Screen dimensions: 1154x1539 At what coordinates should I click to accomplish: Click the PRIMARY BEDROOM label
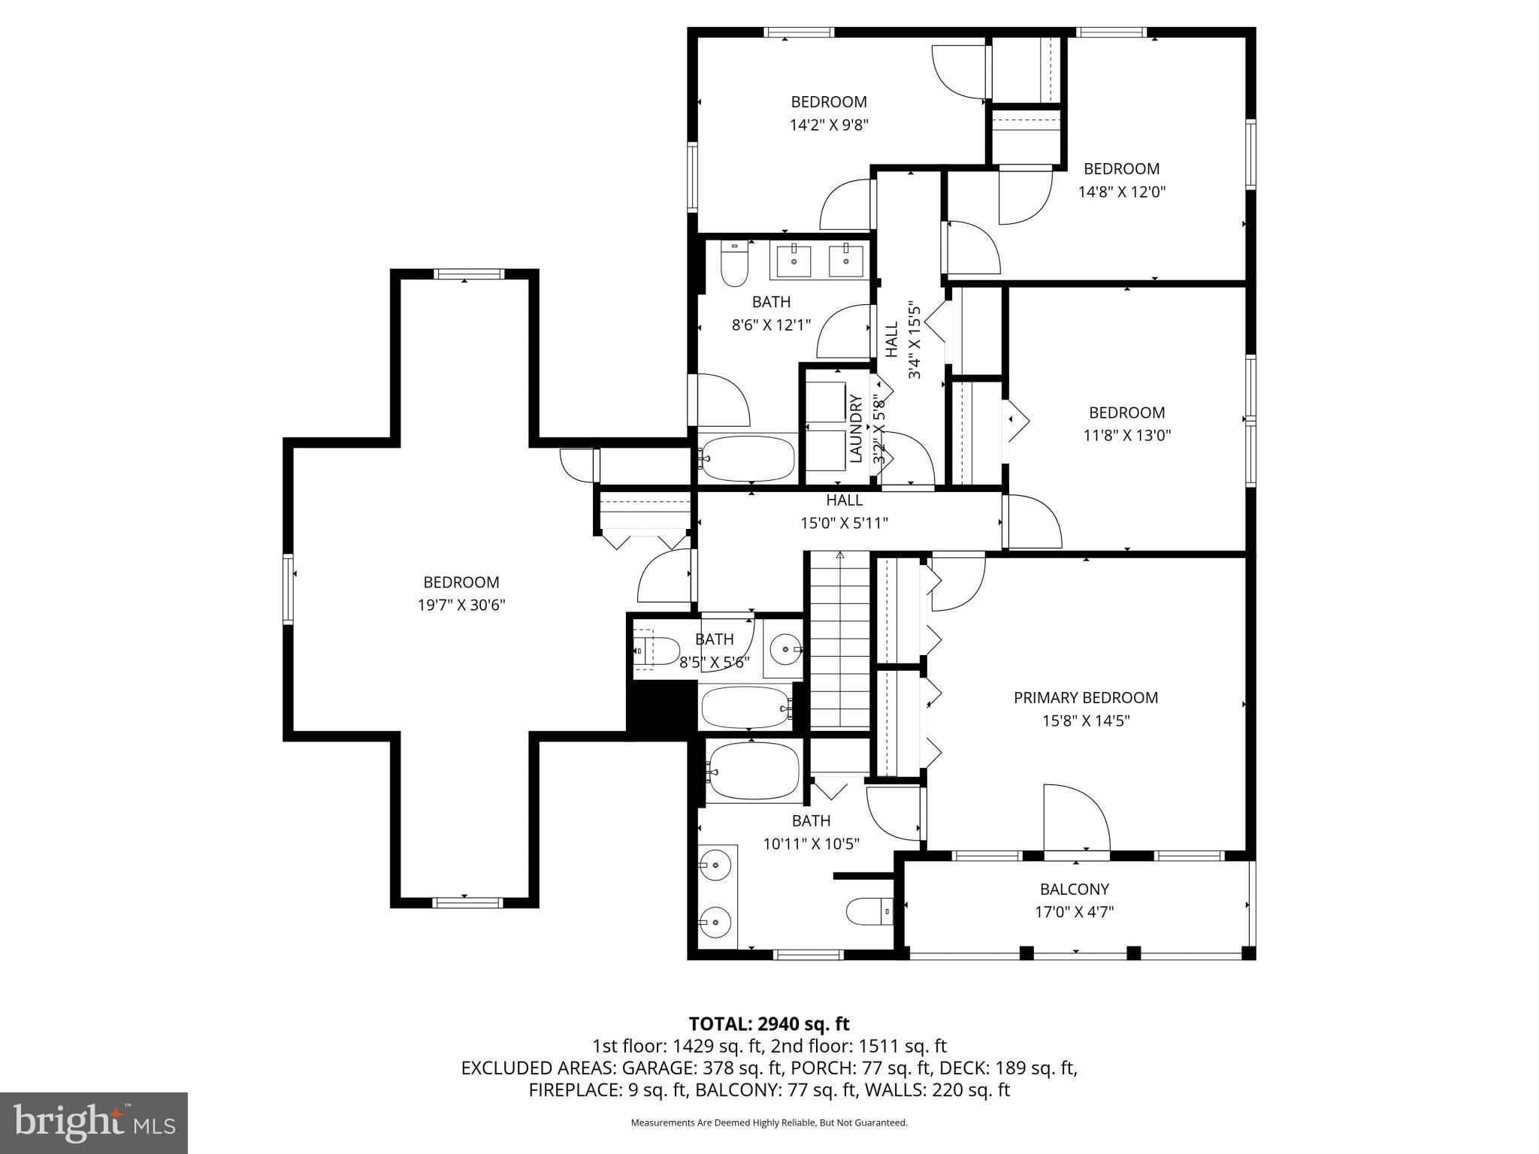pos(1085,697)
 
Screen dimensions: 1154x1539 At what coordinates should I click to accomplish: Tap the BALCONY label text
pos(1074,889)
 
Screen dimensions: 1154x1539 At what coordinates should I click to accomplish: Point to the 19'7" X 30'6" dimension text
pos(461,605)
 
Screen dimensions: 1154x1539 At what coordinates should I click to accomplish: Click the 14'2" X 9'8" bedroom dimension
pos(829,125)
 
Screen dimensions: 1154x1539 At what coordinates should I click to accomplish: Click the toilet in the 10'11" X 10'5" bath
pos(869,911)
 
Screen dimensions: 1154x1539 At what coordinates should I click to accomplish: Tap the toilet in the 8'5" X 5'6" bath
pos(657,651)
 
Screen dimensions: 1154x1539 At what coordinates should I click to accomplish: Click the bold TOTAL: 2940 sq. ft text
pos(769,1023)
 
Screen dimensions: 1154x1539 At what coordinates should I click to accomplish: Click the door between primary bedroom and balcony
pos(1076,819)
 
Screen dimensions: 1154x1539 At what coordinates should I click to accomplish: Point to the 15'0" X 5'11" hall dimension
pos(844,522)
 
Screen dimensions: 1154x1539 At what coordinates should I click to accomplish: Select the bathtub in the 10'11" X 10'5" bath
pos(753,770)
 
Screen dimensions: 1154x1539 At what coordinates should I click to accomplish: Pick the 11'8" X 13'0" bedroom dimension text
pos(1126,435)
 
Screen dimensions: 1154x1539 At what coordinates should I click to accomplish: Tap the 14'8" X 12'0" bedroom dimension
pos(1121,192)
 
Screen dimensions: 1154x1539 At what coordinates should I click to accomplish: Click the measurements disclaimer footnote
pos(769,1122)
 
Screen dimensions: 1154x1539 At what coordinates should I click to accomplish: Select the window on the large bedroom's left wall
pos(288,588)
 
